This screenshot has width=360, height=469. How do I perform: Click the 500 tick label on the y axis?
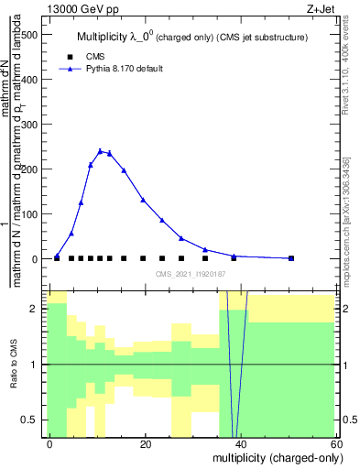pos(30,35)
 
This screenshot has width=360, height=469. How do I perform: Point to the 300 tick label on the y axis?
pos(30,125)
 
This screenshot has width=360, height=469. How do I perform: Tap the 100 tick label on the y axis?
pos(30,214)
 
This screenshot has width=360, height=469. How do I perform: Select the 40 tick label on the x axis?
pos(241,443)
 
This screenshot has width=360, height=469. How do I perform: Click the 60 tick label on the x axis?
pos(335,443)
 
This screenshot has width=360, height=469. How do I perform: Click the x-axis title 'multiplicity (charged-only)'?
pos(273,456)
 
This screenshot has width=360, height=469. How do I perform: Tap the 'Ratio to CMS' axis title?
pos(13,365)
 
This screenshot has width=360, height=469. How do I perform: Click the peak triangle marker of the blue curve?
pos(100,151)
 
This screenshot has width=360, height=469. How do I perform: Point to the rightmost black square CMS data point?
pos(291,258)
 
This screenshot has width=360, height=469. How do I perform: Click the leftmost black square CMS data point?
pos(57,258)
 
